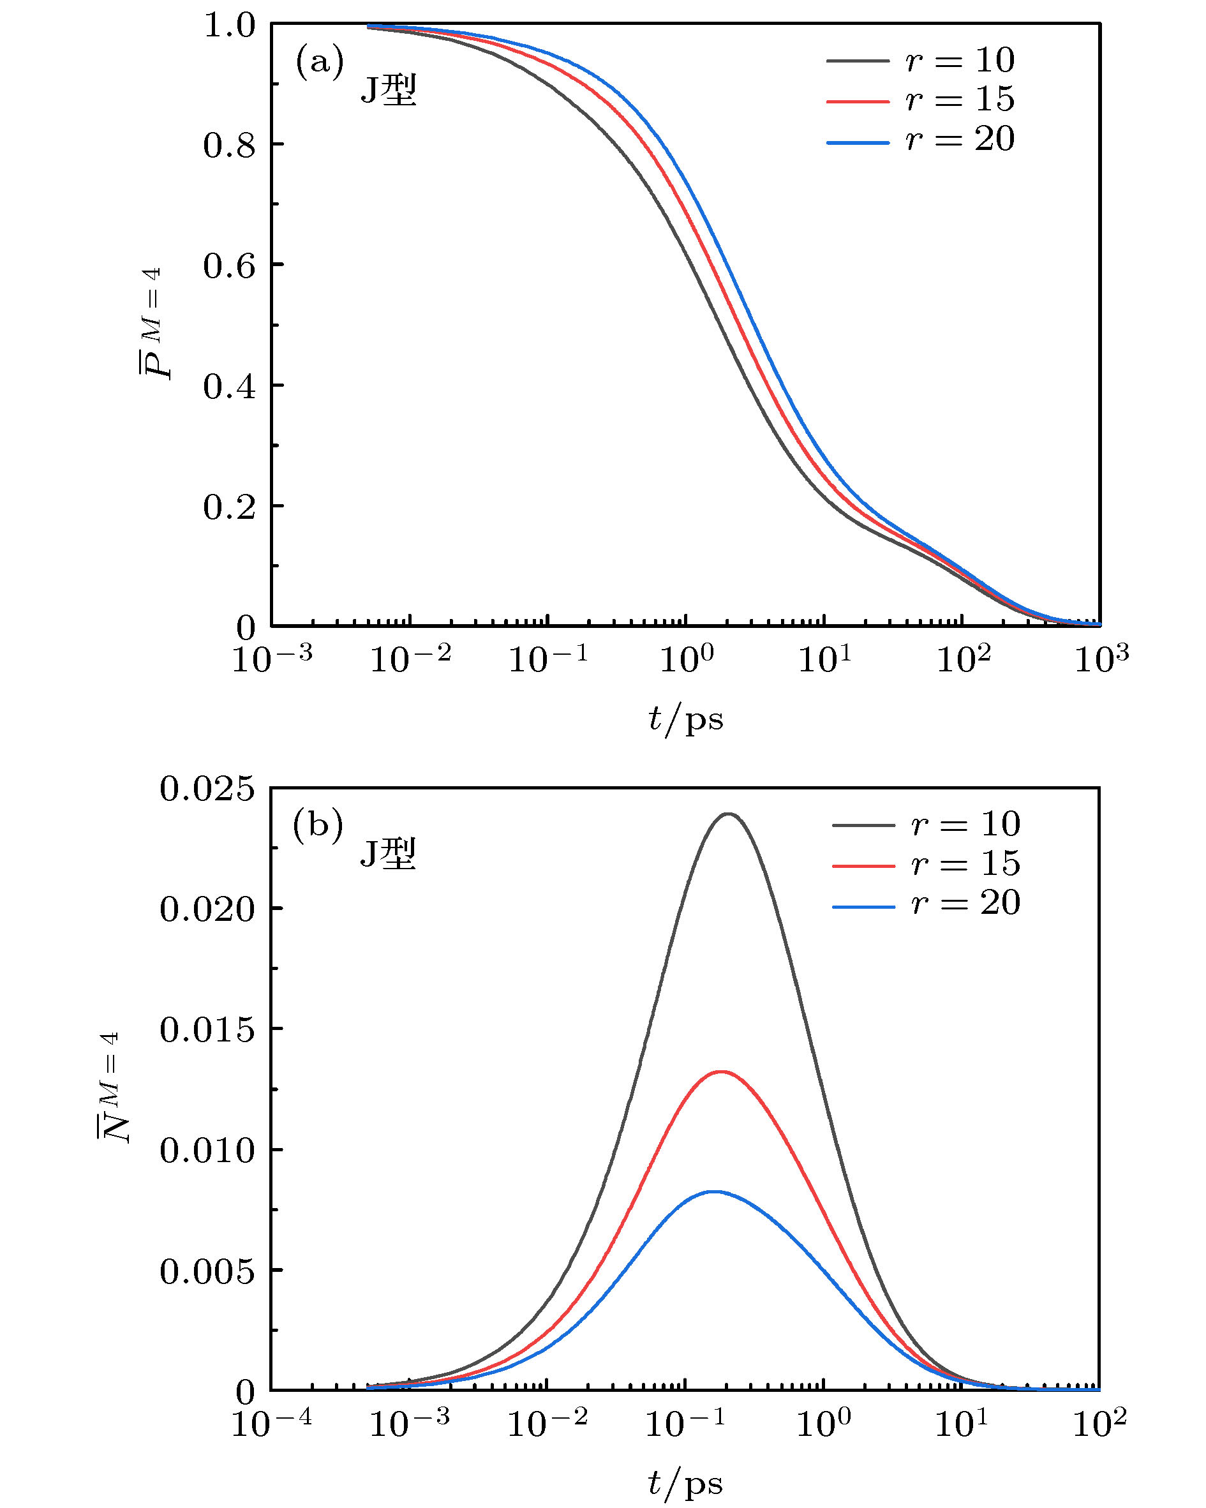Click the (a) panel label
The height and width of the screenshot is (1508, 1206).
tap(320, 61)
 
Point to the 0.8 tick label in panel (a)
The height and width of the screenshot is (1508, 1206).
tap(228, 146)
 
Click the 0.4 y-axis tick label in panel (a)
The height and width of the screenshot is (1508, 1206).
tap(228, 387)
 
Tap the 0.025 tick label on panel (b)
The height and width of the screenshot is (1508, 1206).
tap(207, 789)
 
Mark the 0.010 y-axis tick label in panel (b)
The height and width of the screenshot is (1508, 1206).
tap(207, 1151)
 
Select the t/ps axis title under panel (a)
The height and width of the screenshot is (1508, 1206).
tap(685, 719)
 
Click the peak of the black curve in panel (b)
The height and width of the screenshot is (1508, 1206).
tap(729, 814)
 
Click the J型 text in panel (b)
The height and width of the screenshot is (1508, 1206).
tap(388, 854)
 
